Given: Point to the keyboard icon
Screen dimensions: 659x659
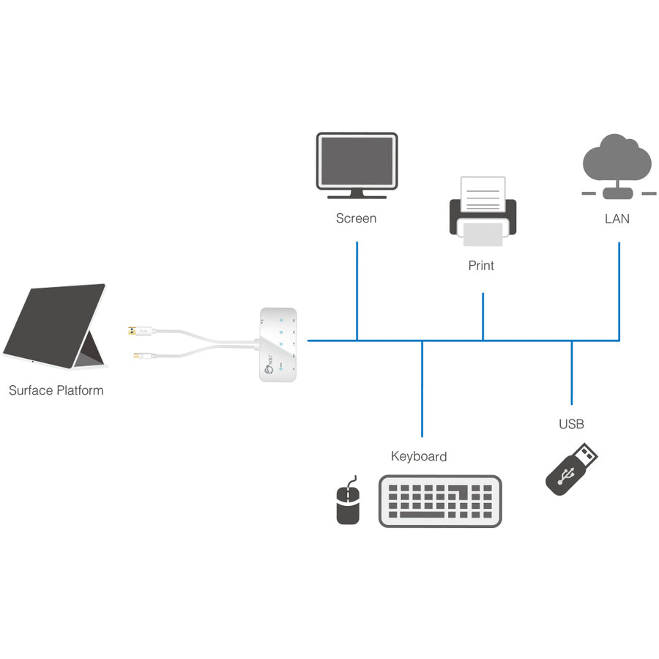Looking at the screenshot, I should coord(440,501).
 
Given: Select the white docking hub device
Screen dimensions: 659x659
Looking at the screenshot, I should coord(279,344).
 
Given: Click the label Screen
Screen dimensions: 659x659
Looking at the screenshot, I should coord(356,218).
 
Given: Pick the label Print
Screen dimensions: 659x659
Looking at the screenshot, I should coord(481,266).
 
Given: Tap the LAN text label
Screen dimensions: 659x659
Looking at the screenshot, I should coord(617,218).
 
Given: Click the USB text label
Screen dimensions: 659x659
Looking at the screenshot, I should coord(571,424).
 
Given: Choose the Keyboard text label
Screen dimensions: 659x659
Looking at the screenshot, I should coord(419,456).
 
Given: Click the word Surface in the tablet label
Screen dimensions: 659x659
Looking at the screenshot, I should coord(31,390).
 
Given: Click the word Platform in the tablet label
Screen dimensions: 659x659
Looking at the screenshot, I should coord(81,390).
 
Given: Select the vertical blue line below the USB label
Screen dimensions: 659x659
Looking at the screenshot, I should coord(572,373).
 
